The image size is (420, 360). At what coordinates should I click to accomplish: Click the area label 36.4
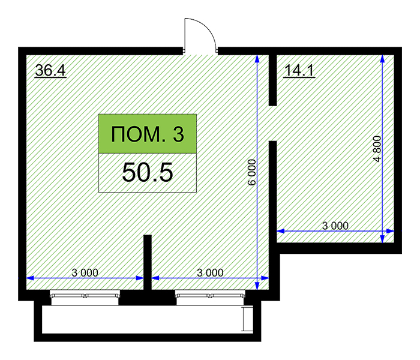(50, 70)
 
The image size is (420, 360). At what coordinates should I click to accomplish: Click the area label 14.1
(299, 71)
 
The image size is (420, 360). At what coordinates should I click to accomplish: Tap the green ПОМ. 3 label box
(148, 134)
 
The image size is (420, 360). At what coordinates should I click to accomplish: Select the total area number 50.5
(148, 173)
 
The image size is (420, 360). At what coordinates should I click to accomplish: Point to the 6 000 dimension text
(252, 172)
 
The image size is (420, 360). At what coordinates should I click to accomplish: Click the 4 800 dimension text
(377, 149)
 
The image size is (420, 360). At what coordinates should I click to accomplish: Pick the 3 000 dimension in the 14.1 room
(335, 226)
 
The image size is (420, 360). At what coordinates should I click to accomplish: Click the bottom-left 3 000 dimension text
(85, 272)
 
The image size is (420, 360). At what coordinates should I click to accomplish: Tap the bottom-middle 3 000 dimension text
(210, 272)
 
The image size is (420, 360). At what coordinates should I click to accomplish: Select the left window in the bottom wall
(85, 298)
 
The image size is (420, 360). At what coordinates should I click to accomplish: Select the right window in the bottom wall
(210, 298)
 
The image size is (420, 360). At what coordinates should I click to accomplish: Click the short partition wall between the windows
(148, 263)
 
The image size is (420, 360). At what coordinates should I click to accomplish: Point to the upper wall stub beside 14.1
(272, 80)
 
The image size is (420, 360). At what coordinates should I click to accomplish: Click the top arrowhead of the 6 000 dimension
(257, 59)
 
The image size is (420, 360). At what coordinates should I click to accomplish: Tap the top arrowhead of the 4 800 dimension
(383, 59)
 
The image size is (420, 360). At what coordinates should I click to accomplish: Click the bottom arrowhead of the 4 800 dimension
(383, 239)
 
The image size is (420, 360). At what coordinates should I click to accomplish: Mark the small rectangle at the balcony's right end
(247, 319)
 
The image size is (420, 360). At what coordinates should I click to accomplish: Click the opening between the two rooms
(272, 123)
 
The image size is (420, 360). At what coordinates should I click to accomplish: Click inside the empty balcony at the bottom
(142, 319)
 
